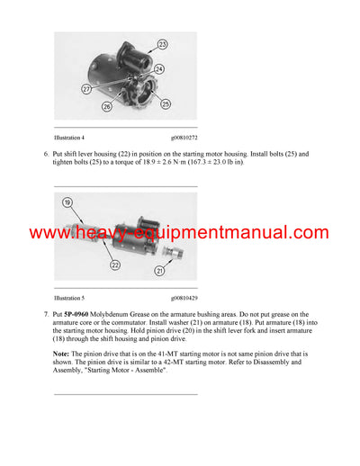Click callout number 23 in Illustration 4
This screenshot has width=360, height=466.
click(162, 44)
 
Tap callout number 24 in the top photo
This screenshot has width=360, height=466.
click(158, 68)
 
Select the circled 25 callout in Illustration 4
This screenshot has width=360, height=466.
click(166, 105)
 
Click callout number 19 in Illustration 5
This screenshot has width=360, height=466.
click(67, 203)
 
